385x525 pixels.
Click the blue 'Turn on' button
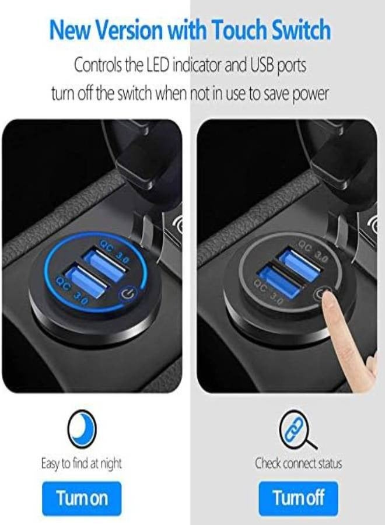(82, 498)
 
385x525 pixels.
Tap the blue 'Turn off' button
(298, 498)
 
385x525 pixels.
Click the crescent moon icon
(82, 430)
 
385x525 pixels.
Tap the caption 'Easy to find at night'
(82, 464)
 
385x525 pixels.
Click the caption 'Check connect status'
(298, 464)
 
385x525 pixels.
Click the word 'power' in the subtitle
(310, 93)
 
